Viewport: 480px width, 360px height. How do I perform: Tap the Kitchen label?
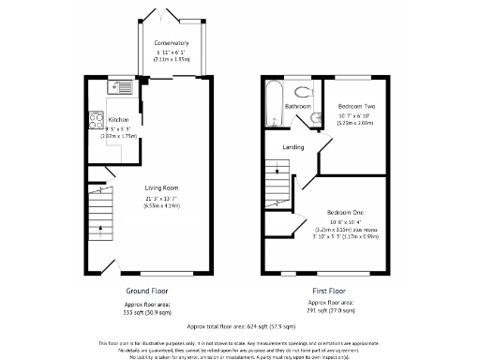tap(118, 120)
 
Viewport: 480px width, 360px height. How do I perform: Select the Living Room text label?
tap(162, 188)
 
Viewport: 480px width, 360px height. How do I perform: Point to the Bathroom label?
tap(298, 107)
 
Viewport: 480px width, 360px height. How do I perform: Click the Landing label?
tap(293, 146)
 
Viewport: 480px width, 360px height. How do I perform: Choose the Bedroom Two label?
tap(356, 107)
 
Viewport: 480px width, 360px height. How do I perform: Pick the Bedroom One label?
tap(345, 213)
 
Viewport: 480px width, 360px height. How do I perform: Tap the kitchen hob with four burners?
tap(95, 119)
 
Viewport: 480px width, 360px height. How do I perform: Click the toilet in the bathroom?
tap(303, 91)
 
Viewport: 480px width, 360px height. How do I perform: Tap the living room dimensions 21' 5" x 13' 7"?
tap(162, 201)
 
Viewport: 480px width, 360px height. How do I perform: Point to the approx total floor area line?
tap(239, 327)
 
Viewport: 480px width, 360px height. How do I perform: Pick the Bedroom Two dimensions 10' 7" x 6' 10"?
tap(356, 115)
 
